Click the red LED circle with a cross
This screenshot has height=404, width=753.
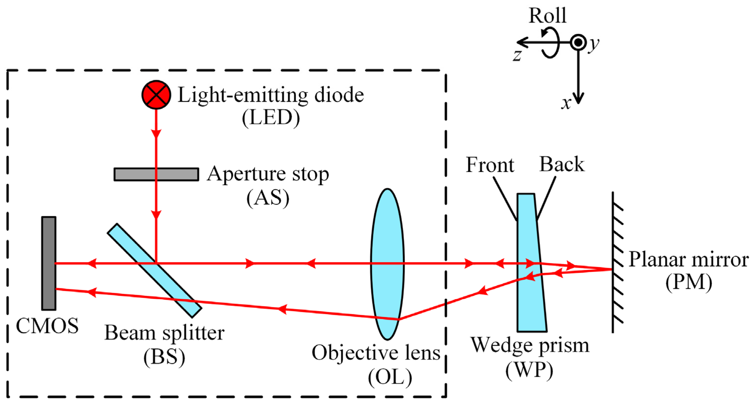pos(156,94)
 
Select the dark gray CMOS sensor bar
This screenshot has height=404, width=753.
pos(49,263)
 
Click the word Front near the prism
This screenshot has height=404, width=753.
pos(490,165)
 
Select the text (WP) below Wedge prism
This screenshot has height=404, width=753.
pos(529,371)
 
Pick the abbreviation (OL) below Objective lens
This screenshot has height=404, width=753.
pos(390,377)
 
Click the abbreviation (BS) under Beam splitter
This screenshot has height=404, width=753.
pos(164,357)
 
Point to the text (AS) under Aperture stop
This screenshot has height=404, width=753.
pos(268,198)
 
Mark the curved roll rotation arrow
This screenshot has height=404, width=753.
pos(551,42)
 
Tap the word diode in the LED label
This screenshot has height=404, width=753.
pos(339,95)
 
